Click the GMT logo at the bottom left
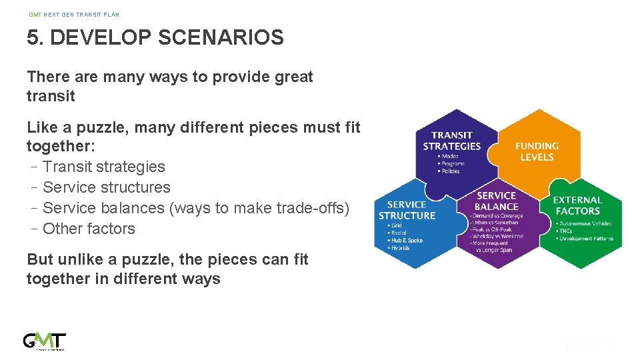pos(45,341)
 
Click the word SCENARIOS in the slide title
pos(221,37)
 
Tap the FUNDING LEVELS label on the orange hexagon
pos(537,151)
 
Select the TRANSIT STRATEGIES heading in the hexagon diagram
pos(452,141)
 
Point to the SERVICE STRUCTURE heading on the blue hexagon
pos(407,210)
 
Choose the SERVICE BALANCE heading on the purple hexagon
pos(496,201)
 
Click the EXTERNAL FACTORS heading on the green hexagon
pos(577,205)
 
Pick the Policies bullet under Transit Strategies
pos(450,171)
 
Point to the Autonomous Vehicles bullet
pos(585,223)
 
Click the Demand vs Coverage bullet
pos(498,215)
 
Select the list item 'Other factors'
pos(89,229)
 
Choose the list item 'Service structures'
pos(107,187)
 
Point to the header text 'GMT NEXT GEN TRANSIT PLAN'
pos(74,15)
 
